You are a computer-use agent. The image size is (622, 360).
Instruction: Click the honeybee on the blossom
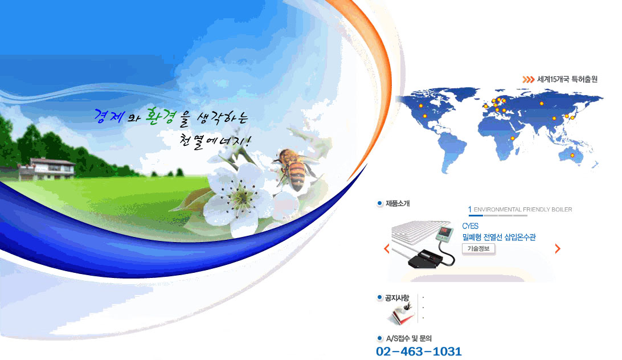pos(294,169)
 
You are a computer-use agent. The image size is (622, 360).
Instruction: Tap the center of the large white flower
pos(240,197)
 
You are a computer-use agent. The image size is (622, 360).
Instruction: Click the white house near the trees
pos(47,169)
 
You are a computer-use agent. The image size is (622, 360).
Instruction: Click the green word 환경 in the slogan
pos(160,116)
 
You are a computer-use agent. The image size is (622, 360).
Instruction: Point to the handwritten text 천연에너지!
pos(215,141)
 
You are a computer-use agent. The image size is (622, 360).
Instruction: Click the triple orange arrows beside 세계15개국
pos(528,79)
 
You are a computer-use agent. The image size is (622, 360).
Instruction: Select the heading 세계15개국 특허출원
pos(567,79)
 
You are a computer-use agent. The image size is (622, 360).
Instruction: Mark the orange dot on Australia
pos(572,155)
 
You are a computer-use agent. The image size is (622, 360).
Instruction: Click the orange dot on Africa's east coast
pos(513,138)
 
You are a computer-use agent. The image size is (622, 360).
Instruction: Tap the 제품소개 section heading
pos(398,203)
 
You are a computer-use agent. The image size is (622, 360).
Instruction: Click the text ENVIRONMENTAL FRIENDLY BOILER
pos(523,209)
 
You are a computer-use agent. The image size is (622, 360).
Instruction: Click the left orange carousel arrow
pos(387,249)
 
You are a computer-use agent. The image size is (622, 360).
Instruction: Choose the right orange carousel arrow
pos(557,249)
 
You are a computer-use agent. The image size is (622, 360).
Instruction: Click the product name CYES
pos(470,226)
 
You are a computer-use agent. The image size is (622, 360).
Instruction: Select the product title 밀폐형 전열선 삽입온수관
pos(499,237)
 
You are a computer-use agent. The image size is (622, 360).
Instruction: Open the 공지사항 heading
pos(396,298)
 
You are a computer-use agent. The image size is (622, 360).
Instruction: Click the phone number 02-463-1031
pos(419,351)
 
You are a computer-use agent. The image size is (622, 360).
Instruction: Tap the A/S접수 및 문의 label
pos(409,338)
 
